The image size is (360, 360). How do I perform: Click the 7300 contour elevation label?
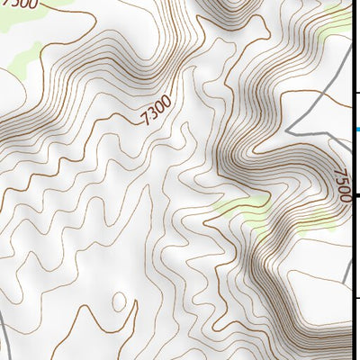[x=155, y=112]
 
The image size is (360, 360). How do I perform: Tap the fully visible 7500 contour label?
[x=341, y=185]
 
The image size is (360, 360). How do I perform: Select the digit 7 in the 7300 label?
[x=144, y=120]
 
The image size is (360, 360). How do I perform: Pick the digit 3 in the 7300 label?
[x=151, y=115]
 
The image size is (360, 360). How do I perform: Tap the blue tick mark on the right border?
[x=356, y=130]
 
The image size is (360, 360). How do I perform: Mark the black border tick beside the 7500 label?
[x=356, y=194]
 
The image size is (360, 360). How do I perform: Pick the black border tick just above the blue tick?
[x=356, y=92]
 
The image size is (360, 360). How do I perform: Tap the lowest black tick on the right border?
[x=356, y=297]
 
